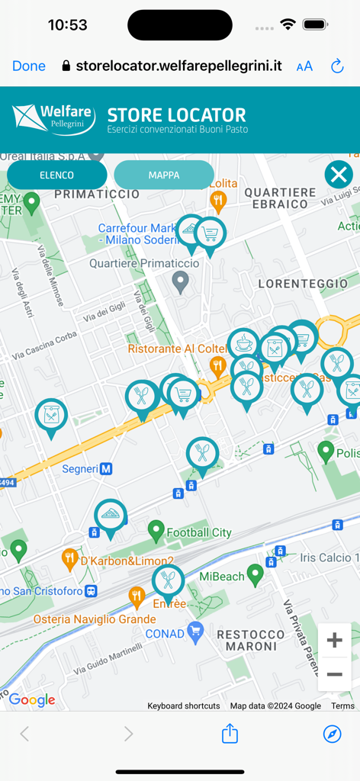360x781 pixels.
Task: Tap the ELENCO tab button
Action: pos(57,175)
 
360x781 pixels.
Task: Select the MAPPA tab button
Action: pos(164,175)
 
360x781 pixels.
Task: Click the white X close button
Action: pos(339,175)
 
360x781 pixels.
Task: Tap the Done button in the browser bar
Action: pos(29,66)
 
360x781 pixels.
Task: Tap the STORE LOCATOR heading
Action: pos(177,115)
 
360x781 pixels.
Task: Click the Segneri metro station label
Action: pos(86,468)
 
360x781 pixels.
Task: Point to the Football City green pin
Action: pos(156,528)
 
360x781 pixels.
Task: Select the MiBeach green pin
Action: pos(256,573)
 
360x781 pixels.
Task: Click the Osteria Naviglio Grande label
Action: pos(94,619)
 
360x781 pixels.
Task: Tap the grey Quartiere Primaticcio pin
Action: pos(181,282)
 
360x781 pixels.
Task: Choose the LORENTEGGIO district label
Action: pos(303,284)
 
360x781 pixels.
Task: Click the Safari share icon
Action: pos(230,734)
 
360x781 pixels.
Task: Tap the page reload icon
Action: pos(337,66)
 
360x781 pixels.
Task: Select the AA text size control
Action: pos(304,66)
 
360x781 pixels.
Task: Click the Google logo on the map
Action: pos(32,700)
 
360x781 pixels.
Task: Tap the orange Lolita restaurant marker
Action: pos(218,201)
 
